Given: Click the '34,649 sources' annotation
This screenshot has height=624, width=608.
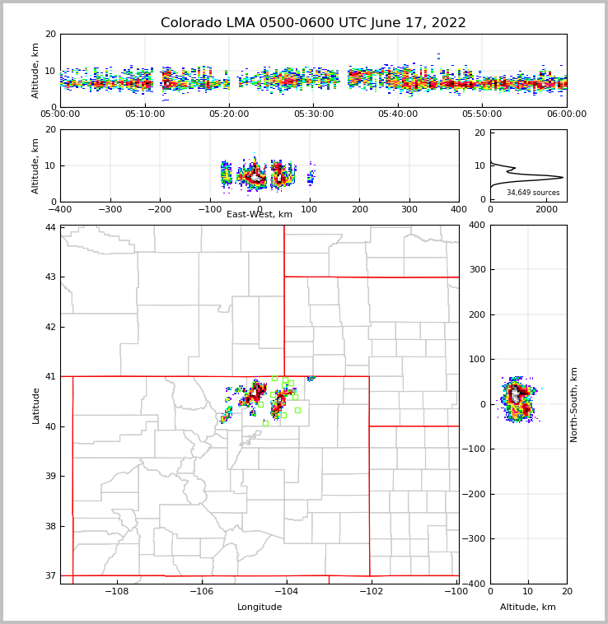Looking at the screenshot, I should [533, 193].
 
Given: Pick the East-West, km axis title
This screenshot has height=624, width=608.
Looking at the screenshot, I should [260, 215].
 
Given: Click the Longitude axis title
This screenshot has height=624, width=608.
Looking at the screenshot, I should [260, 608].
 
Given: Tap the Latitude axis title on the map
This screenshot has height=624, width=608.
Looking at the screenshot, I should [36, 405].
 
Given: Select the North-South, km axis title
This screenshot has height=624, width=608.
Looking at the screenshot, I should [575, 404].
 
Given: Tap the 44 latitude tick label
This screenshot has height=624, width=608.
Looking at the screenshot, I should [51, 227].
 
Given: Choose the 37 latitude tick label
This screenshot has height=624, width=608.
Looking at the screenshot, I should [51, 575].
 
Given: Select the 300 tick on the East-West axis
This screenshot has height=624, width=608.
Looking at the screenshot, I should [409, 209].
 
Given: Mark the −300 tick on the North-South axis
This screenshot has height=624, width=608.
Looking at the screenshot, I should [475, 539].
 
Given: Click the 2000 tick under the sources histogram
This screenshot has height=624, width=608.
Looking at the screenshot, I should [546, 209].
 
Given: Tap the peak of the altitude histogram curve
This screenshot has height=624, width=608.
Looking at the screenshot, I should [563, 177].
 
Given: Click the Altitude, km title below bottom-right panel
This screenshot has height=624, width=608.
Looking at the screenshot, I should [528, 608].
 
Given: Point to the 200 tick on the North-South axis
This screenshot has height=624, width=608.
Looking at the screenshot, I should [475, 314].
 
